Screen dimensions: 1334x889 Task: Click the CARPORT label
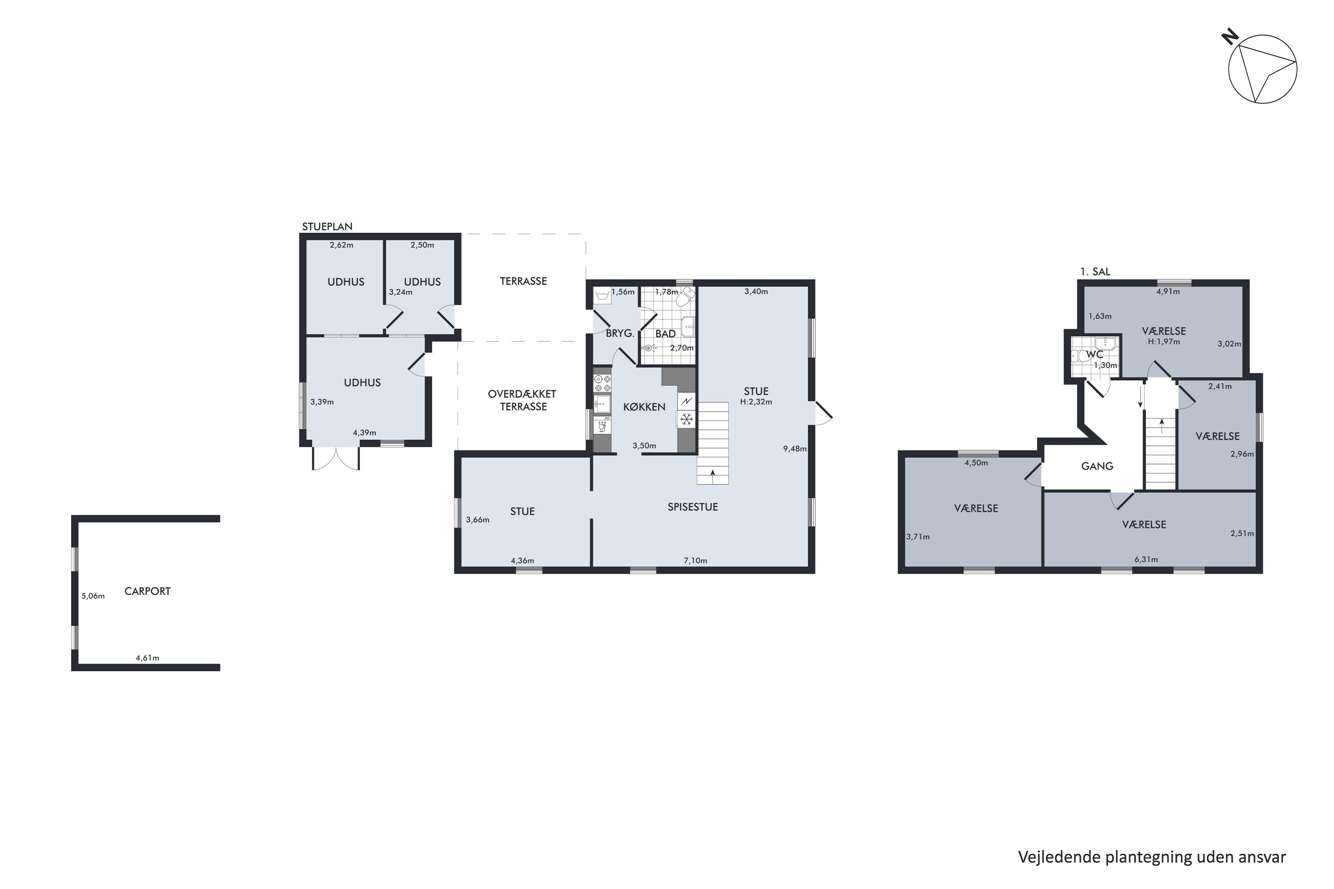pos(148,591)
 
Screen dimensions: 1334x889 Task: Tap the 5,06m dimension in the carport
pos(93,596)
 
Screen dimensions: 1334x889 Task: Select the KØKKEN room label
pos(644,407)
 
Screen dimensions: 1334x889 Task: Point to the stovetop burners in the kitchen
pos(603,383)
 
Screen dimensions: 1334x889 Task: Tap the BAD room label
pos(665,334)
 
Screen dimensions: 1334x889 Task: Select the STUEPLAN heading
pos(327,227)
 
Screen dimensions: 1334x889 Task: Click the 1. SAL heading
pos(1095,272)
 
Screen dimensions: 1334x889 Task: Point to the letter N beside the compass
pos(1229,38)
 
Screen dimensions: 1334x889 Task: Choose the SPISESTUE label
pos(692,507)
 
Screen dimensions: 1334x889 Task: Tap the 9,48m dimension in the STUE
pos(795,449)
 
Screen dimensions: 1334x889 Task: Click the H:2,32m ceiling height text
pos(756,402)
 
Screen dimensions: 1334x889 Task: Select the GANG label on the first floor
pos(1097,466)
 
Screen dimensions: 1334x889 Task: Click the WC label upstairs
pos(1094,354)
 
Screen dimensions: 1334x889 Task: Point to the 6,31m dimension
pos(1146,560)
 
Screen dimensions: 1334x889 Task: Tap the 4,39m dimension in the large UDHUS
pos(365,432)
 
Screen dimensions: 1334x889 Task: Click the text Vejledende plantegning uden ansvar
pos(1152,857)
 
